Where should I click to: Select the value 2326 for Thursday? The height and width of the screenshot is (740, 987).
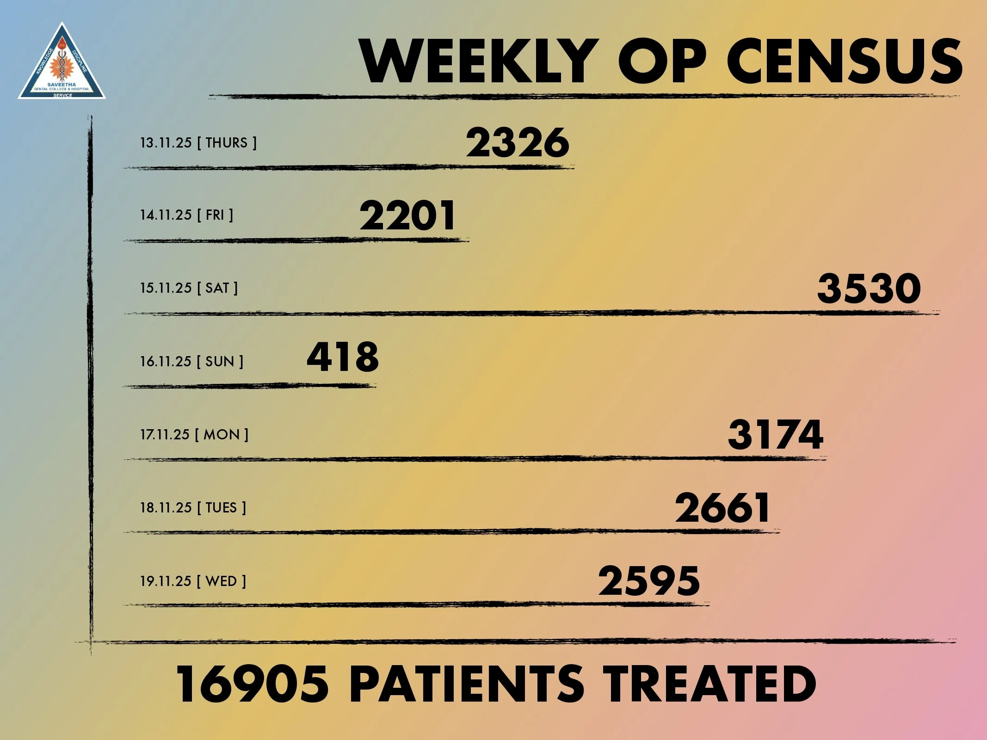pos(518,142)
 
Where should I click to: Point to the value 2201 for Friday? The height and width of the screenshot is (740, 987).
pos(407,216)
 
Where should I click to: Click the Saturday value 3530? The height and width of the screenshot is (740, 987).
pos(869,288)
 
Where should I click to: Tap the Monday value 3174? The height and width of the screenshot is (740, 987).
pos(776,434)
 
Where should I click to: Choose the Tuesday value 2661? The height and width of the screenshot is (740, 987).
pos(722,507)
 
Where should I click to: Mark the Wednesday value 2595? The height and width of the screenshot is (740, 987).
pos(649,580)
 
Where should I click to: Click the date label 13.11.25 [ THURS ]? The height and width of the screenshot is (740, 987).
pos(198,142)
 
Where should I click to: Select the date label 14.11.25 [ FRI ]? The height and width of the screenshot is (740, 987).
pos(187,215)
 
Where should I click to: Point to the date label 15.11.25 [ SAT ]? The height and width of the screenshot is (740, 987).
pos(189,288)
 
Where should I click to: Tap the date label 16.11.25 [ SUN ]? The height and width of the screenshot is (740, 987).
pos(192,361)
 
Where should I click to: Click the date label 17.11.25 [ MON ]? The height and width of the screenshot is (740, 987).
pos(194,434)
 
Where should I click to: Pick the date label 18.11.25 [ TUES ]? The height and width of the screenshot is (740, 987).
pos(193,507)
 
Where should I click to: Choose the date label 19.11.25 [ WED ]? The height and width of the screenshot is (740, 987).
pos(193,581)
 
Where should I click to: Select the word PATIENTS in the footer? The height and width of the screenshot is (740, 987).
pos(467,684)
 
